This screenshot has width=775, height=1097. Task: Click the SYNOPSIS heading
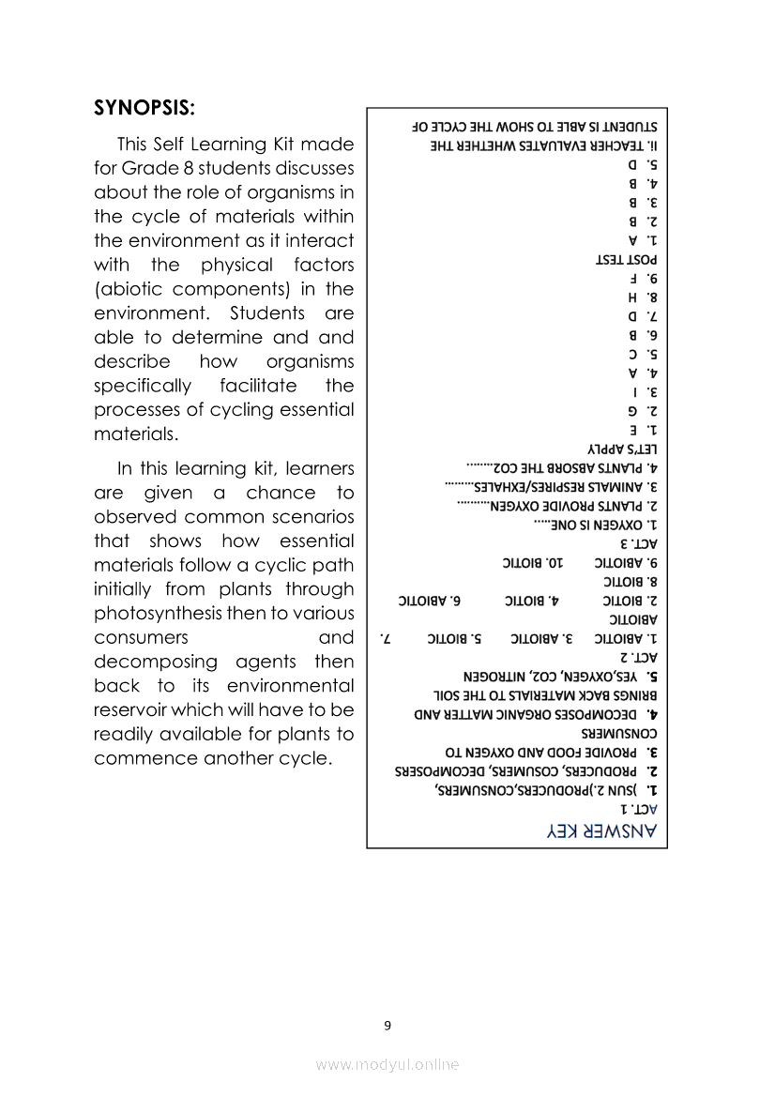coord(144,107)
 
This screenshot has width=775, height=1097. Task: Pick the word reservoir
coord(138,710)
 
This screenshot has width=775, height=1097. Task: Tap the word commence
coord(143,758)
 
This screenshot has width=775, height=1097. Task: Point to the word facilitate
coord(259,387)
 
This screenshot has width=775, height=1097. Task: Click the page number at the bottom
coord(387,1025)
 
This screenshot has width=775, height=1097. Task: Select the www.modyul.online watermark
coord(387,1064)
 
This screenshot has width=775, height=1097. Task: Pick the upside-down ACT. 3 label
coord(639,543)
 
